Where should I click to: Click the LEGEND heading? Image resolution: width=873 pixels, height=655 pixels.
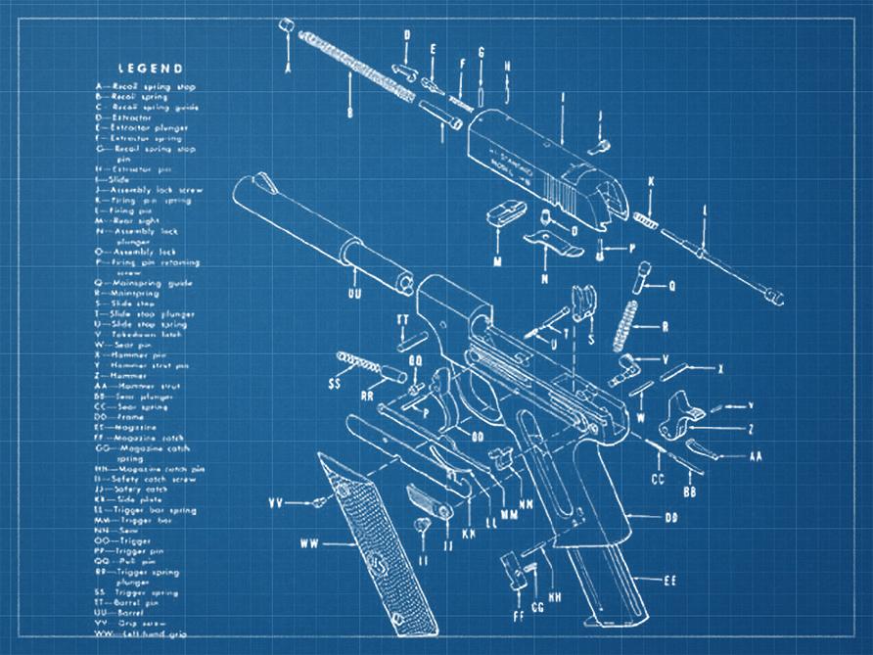click(x=150, y=69)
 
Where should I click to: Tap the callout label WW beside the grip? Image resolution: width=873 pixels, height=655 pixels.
click(x=310, y=541)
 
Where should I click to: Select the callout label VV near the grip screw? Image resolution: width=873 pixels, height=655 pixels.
click(x=275, y=503)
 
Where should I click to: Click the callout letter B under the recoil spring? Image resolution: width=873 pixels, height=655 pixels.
click(x=349, y=113)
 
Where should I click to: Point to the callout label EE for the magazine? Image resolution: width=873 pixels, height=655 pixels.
click(x=670, y=581)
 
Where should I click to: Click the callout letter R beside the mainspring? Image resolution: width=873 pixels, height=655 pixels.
click(x=665, y=327)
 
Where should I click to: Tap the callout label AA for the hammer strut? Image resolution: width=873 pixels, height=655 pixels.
click(x=756, y=457)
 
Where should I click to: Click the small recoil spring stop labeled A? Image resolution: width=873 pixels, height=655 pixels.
click(x=287, y=25)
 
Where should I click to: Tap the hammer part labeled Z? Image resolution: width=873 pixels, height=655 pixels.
click(x=685, y=412)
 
